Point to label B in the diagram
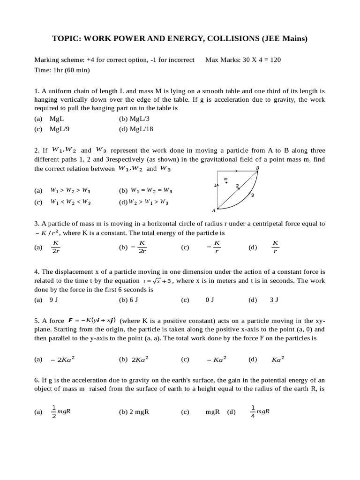click(257, 168)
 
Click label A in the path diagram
click(213, 210)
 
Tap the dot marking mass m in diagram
click(226, 183)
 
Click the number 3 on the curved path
click(252, 195)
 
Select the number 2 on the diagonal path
click(237, 186)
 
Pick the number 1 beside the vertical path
click(215, 185)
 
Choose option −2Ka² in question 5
click(63, 360)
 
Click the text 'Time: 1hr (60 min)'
click(62, 70)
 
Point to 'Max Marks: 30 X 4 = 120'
click(243, 60)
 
